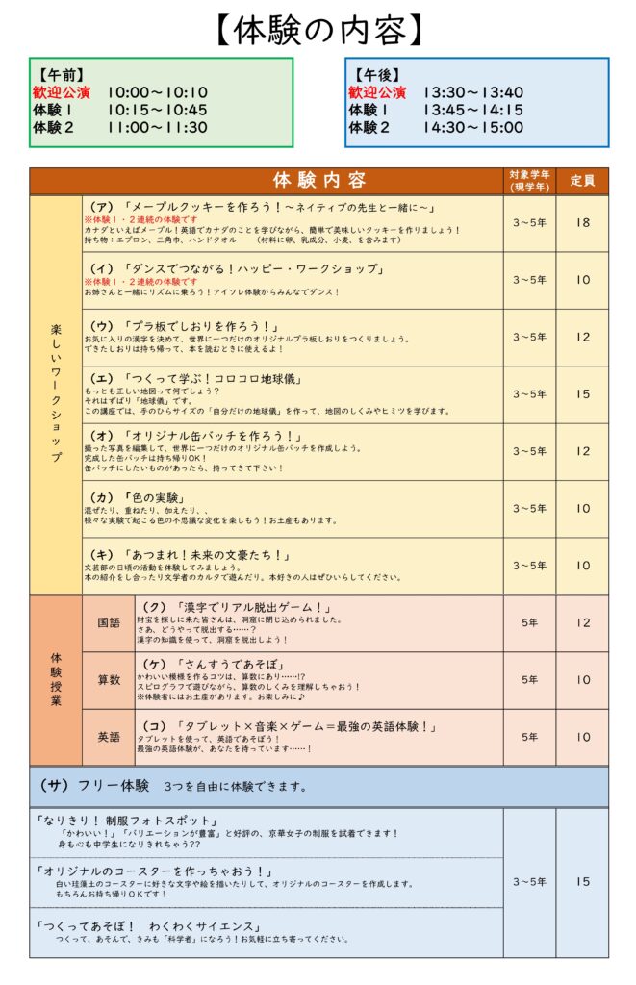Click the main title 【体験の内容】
(x=318, y=30)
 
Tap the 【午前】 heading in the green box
(x=59, y=74)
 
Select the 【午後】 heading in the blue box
(x=375, y=74)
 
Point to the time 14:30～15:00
(x=472, y=127)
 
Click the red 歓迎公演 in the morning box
(x=62, y=92)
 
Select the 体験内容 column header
(x=318, y=180)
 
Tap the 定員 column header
(x=582, y=180)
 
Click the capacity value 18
(x=582, y=223)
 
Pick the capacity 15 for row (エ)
(x=582, y=393)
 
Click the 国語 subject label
(x=108, y=622)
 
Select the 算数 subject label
(x=108, y=680)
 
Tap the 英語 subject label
(x=108, y=737)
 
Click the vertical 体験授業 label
(x=56, y=680)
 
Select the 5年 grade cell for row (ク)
(x=529, y=622)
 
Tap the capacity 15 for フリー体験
(x=582, y=881)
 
